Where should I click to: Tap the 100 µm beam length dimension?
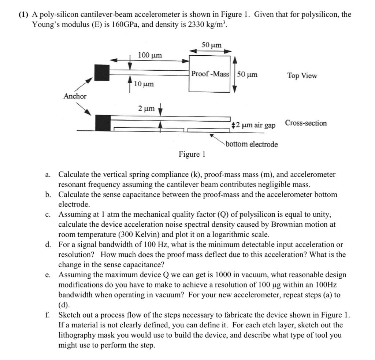point(149,55)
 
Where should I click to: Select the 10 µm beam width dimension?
point(144,84)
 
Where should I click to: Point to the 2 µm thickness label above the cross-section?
point(146,108)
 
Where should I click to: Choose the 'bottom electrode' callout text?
point(252,144)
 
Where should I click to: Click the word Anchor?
point(75,96)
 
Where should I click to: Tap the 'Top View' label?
point(302,75)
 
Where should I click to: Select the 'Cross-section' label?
point(306,123)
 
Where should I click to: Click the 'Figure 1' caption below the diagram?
point(192,154)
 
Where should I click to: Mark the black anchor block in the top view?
point(102,73)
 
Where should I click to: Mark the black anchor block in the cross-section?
point(103,123)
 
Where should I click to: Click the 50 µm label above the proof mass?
point(211,45)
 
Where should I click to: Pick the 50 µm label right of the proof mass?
point(247,74)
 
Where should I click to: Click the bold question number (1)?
point(25,15)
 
